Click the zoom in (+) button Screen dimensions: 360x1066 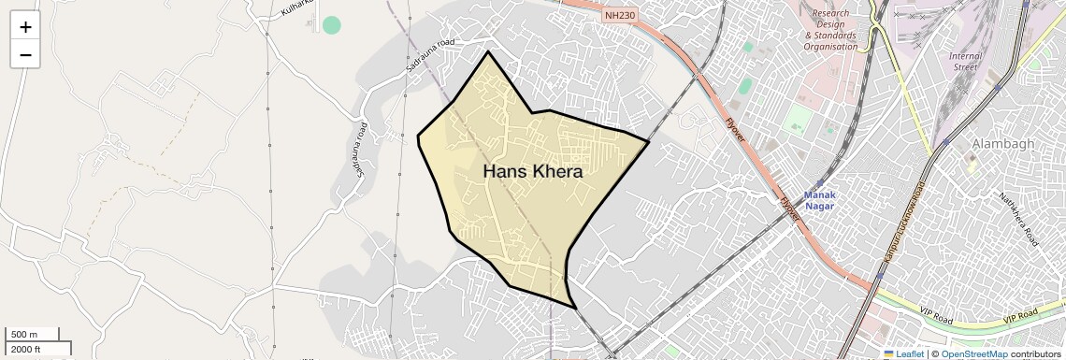(x=25, y=27)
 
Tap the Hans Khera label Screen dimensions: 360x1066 (x=533, y=172)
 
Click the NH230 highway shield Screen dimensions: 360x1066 (x=619, y=15)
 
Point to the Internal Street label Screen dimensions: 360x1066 (x=965, y=62)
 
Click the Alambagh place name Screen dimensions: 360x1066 (x=1002, y=144)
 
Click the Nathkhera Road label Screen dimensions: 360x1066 (x=1018, y=219)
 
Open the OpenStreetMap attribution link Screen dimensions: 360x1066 (x=973, y=354)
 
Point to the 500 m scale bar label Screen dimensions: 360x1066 (x=24, y=335)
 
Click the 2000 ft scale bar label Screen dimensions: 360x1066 (x=26, y=349)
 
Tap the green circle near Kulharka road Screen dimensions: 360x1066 (x=331, y=25)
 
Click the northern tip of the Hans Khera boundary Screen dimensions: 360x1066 (x=487, y=51)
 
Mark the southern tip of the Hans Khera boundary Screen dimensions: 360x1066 (x=574, y=308)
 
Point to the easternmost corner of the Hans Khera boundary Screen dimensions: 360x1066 (x=648, y=142)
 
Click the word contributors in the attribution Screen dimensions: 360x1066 (x=1036, y=354)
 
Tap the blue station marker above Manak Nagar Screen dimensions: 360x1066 (x=820, y=183)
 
